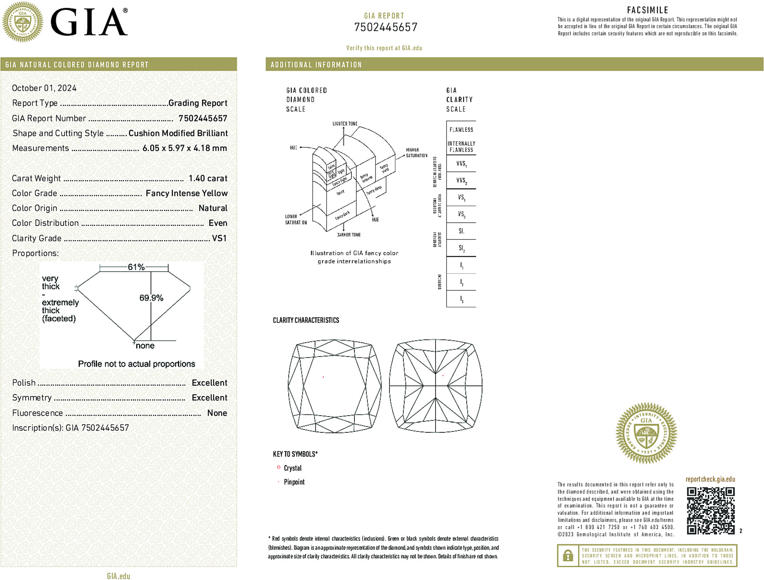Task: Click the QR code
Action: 710,510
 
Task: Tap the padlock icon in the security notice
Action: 568,556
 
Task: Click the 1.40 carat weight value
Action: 208,178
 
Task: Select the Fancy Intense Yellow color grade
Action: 186,193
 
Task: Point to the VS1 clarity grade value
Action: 219,238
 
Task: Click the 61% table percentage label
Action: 136,267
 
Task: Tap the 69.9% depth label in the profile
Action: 151,298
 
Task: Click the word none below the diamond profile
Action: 145,346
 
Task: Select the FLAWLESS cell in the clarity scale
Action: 461,130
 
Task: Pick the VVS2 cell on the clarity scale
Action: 461,180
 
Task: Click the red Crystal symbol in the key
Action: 279,467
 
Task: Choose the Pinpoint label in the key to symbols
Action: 294,482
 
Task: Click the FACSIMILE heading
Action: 647,10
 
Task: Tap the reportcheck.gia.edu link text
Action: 710,479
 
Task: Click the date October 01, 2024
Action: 44,88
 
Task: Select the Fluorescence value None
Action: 217,413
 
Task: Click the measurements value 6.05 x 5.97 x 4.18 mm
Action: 184,148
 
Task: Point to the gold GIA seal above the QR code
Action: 646,433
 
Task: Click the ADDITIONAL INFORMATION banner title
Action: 316,65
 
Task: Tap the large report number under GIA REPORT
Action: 385,27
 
